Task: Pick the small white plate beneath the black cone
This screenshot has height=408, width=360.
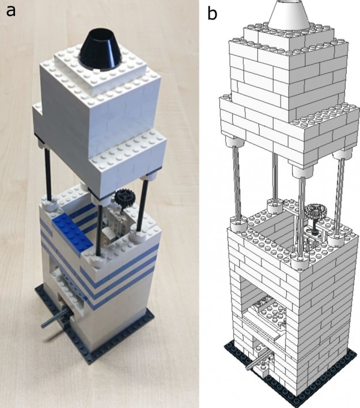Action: pos(103,70)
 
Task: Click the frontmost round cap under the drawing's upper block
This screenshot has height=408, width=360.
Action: pos(298,171)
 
